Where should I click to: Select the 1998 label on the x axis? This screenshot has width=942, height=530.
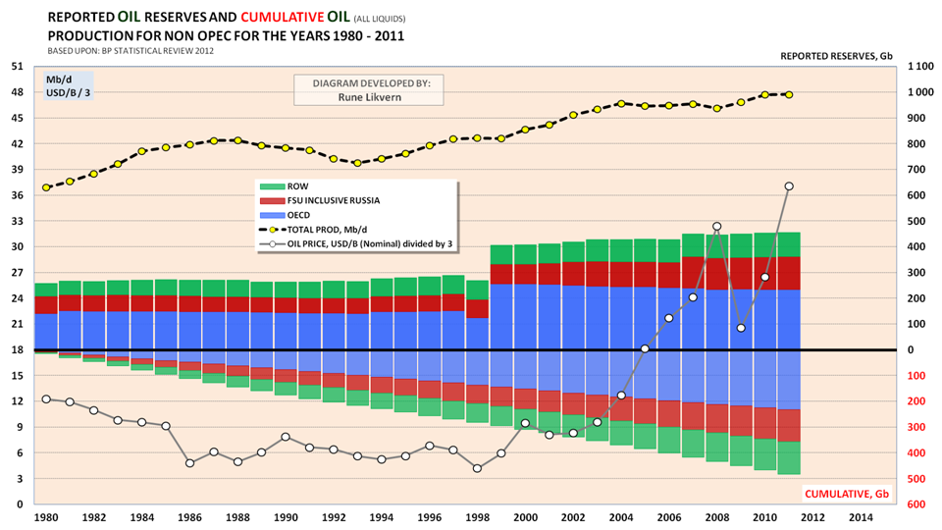pos(477,516)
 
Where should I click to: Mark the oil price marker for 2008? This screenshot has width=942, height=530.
pos(717,227)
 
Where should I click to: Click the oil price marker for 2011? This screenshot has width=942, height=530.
pos(789,186)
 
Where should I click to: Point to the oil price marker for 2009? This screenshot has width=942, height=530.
pos(741,328)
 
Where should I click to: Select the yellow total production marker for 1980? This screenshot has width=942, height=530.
pos(46,187)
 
